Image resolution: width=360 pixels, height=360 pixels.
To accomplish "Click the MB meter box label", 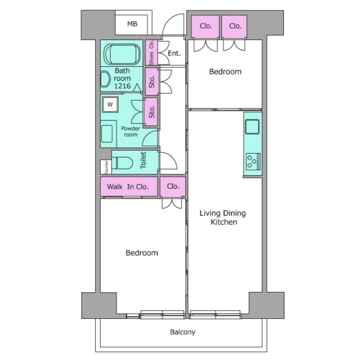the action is pyautogui.click(x=132, y=24).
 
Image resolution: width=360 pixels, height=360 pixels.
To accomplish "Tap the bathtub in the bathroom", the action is pyautogui.click(x=122, y=55).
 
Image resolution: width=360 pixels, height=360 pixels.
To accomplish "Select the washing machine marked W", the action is pyautogui.click(x=110, y=104).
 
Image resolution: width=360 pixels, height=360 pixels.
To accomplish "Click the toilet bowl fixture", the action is pyautogui.click(x=122, y=163).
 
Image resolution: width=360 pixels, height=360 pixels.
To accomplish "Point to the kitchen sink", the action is pyautogui.click(x=252, y=127).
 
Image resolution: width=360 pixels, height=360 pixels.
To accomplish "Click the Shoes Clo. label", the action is pyautogui.click(x=151, y=53).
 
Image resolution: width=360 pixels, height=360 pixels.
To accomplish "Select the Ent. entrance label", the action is pyautogui.click(x=174, y=53).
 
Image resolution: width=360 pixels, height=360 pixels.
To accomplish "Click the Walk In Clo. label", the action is pyautogui.click(x=128, y=187).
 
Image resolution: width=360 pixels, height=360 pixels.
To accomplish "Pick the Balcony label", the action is pyautogui.click(x=183, y=332).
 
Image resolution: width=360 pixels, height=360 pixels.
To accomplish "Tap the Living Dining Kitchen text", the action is pyautogui.click(x=223, y=218).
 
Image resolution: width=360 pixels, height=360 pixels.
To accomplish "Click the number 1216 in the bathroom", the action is pyautogui.click(x=122, y=86).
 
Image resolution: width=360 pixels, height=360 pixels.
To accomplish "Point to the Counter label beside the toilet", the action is pyautogui.click(x=106, y=167).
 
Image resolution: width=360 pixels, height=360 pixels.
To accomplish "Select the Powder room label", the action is pyautogui.click(x=131, y=132).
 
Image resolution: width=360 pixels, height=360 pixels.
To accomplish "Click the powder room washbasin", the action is pyautogui.click(x=107, y=134).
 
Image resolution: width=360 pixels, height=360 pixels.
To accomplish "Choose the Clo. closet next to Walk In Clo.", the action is pyautogui.click(x=173, y=186).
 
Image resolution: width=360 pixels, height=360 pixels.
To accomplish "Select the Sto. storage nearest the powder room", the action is pyautogui.click(x=152, y=112).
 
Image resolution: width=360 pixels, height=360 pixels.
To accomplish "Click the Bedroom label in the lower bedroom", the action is pyautogui.click(x=142, y=253).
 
